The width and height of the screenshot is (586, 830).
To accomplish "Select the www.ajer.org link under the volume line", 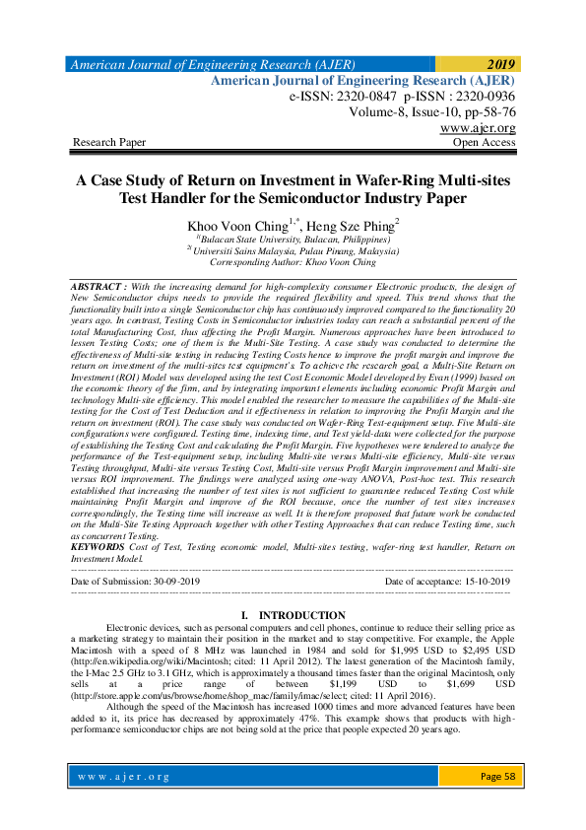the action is (x=478, y=128).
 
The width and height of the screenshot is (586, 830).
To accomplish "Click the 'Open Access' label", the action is (x=484, y=143).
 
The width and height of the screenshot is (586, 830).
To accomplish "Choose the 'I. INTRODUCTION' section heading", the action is (x=293, y=616).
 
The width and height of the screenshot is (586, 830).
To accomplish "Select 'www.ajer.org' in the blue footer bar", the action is (x=125, y=777).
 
